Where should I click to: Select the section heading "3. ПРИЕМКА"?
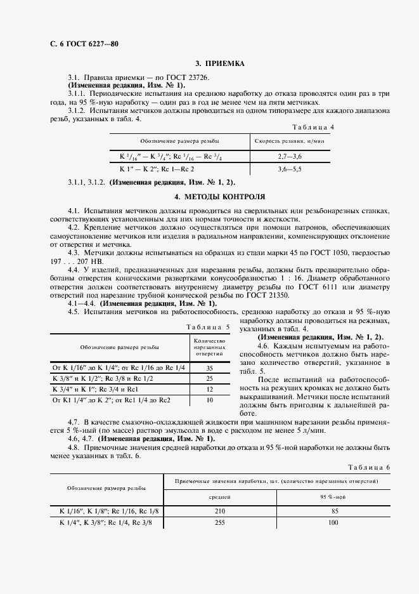click(219, 63)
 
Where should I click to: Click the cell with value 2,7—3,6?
click(290, 155)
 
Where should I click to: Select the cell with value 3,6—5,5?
click(290, 169)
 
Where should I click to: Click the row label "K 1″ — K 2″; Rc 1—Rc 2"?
click(157, 169)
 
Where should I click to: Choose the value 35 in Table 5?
click(209, 368)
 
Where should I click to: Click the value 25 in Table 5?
click(209, 378)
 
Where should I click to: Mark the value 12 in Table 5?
click(209, 389)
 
